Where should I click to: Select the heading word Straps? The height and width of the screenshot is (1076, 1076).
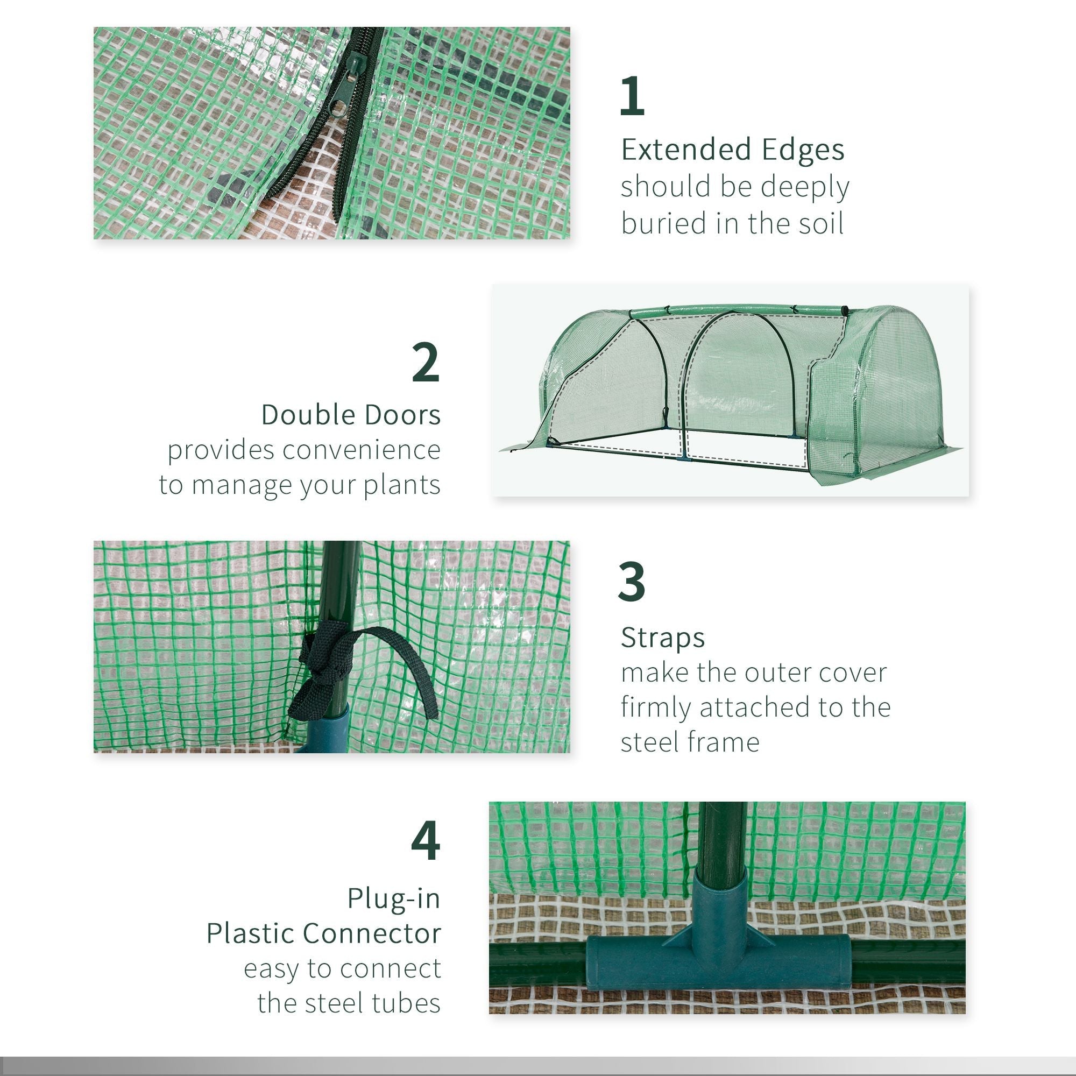pyautogui.click(x=663, y=638)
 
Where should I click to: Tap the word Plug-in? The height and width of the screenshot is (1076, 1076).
pyautogui.click(x=393, y=898)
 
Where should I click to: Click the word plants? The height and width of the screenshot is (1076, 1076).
pyautogui.click(x=401, y=485)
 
